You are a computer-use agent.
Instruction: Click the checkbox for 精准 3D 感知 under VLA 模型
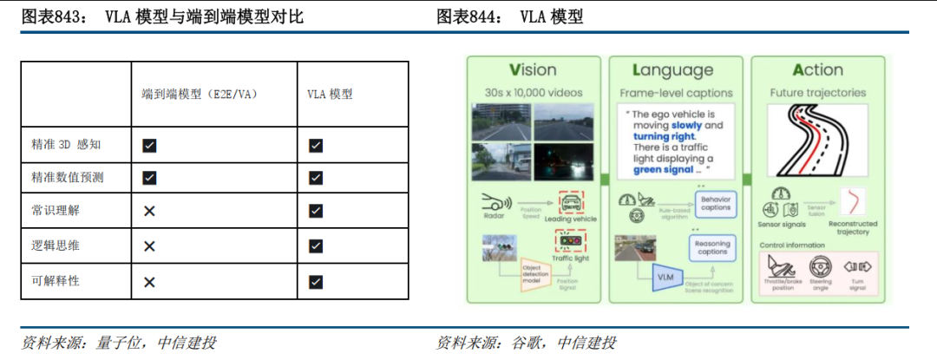point(316,145)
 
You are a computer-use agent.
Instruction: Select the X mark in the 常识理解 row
point(149,211)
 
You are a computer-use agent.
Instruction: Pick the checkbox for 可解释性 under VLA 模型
point(316,281)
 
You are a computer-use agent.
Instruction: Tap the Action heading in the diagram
point(817,70)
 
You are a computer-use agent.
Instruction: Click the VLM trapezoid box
point(665,278)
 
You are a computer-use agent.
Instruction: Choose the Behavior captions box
point(715,205)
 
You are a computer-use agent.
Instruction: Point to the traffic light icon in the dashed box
point(569,242)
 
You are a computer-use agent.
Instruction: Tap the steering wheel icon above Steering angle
point(820,267)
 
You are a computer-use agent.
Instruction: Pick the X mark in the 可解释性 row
point(149,281)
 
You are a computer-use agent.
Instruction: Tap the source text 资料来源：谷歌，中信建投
point(526,343)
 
